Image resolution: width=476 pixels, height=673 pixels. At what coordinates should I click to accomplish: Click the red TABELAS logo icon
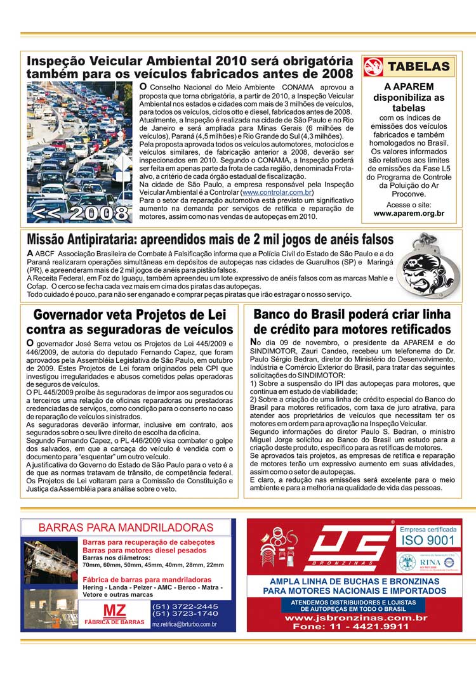374,67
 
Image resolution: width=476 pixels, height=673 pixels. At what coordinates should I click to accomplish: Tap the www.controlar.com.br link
277,192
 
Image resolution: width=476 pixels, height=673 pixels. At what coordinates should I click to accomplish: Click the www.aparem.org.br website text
409,214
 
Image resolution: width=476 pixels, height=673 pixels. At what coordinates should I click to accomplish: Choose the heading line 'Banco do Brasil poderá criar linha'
352,314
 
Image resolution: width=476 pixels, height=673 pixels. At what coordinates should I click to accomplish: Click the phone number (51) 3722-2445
185,606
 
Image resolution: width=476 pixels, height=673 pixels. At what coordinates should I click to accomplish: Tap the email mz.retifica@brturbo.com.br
185,624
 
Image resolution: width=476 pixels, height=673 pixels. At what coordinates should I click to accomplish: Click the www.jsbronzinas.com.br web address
355,617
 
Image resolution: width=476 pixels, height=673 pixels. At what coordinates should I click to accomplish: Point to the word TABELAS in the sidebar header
418,67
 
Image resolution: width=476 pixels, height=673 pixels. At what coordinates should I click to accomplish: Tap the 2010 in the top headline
233,62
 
